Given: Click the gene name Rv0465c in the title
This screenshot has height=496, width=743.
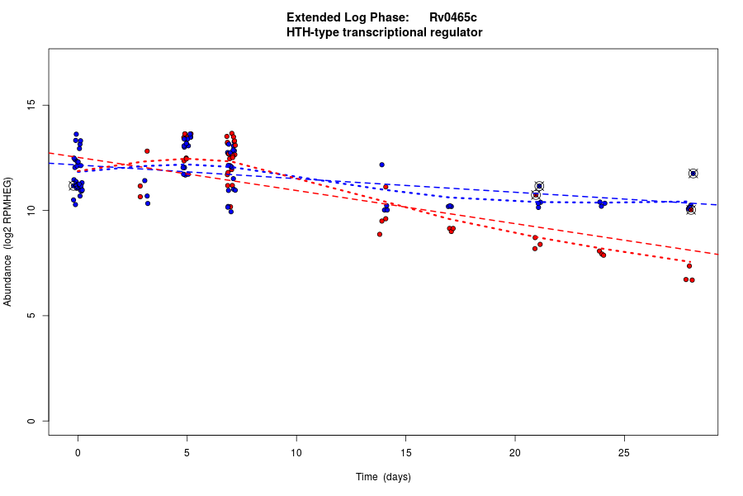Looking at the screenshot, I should point(453,17).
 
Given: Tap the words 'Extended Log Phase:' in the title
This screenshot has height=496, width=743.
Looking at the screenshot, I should point(348,17).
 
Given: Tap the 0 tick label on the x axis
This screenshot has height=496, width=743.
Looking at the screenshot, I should point(78,452).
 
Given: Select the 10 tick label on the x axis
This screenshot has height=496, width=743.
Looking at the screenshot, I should point(296,452).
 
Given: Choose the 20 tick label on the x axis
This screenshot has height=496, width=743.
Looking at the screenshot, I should point(514,452).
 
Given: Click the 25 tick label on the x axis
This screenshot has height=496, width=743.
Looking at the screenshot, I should point(623,452).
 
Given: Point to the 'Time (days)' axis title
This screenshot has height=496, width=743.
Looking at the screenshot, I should point(383,477).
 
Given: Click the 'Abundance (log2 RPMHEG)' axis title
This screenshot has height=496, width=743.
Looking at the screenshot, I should point(8,241).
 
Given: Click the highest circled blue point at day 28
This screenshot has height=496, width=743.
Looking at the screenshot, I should point(693,174).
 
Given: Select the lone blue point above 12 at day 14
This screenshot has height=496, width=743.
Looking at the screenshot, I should point(381,165).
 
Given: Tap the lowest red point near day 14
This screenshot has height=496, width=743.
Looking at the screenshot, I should point(380,234).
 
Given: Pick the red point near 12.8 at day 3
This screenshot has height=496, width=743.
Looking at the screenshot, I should point(147,151).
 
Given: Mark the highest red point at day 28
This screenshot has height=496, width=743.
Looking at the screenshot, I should point(689,265).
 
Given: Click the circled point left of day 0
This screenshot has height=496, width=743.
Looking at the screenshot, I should point(73,186).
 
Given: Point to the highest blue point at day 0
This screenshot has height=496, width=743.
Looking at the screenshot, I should point(76,134).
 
